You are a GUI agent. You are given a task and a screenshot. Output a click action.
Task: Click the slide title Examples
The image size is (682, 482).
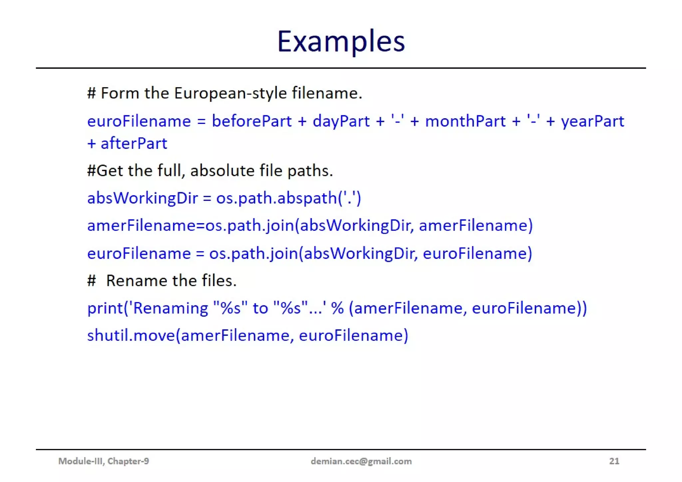point(341,41)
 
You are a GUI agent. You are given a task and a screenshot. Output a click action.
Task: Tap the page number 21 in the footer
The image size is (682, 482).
point(614,461)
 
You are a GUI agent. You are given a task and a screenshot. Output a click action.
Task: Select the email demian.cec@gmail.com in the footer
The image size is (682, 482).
point(361,461)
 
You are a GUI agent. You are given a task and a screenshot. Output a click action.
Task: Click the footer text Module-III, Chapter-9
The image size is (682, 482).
point(104,461)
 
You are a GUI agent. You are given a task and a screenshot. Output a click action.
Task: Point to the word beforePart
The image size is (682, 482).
point(252,121)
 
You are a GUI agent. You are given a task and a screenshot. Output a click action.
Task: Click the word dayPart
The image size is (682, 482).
point(341,121)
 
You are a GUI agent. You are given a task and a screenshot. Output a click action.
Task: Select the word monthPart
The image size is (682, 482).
point(465,121)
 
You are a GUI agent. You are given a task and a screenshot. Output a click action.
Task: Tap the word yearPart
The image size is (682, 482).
point(592,121)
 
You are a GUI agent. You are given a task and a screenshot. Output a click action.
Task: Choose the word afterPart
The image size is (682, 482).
point(134,144)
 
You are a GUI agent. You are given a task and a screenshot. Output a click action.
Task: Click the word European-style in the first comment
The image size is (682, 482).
point(230,93)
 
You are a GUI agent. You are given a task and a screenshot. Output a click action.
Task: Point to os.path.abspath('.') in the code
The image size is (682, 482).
point(288,198)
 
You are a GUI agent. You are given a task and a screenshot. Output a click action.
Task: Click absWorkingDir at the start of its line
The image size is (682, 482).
point(143,198)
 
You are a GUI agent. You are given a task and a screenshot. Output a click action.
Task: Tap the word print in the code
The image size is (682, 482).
point(105,308)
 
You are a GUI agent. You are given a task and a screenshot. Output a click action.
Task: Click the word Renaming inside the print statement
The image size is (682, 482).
point(170,308)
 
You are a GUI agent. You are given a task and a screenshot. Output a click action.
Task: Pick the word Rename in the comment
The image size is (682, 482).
point(137,281)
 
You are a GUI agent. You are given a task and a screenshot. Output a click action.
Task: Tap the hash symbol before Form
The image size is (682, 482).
point(92,93)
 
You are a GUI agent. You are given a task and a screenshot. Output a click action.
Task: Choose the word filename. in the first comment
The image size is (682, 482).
point(327,93)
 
